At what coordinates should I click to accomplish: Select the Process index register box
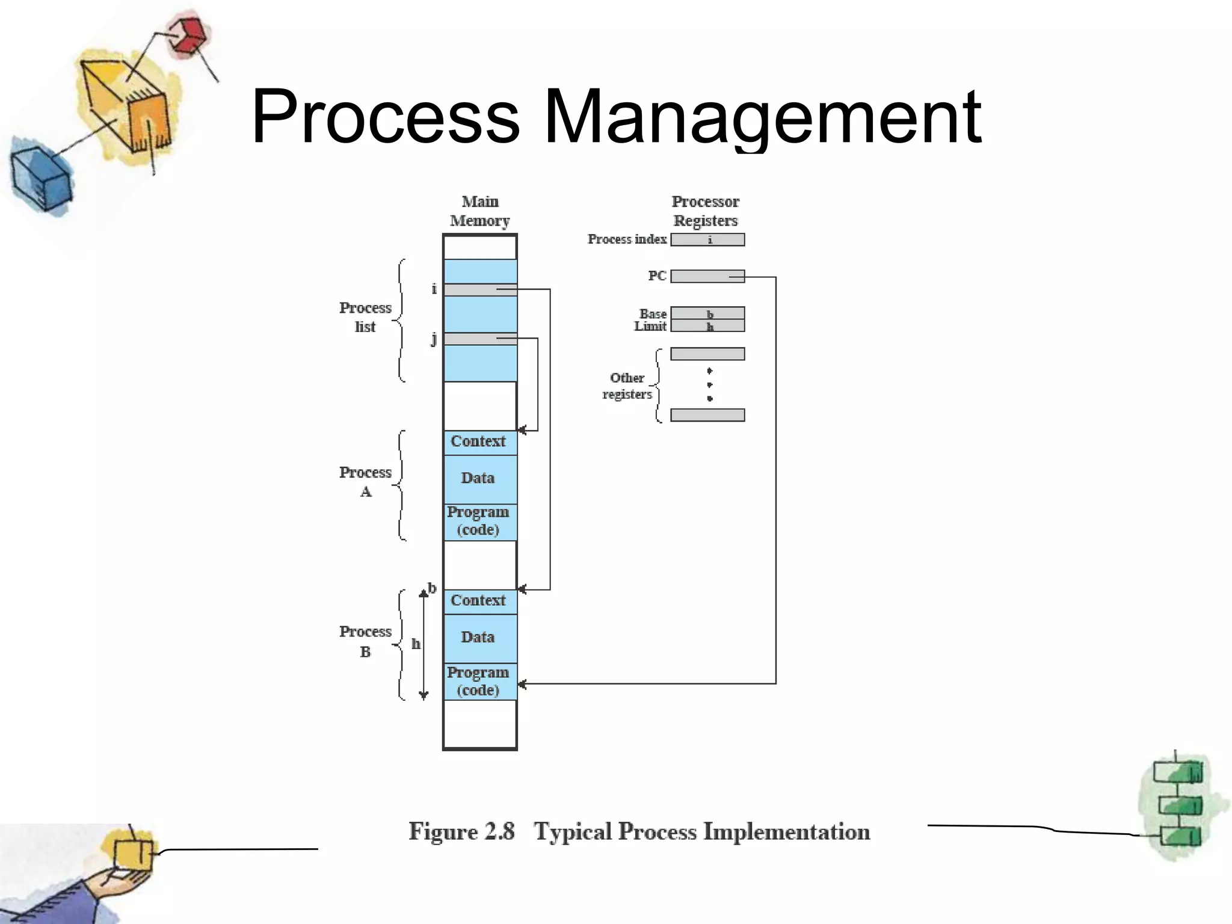[707, 239]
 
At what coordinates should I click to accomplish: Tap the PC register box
[707, 276]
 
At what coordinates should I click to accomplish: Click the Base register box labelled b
[707, 313]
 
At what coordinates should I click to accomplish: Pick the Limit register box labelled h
[707, 326]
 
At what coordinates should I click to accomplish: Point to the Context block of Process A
[479, 442]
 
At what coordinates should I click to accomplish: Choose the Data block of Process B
[479, 637]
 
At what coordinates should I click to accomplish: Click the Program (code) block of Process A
[479, 522]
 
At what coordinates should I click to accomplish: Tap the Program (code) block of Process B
[479, 682]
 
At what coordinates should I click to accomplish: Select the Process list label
[365, 317]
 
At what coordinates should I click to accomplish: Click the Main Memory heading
[480, 211]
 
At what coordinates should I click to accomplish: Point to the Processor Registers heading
[706, 211]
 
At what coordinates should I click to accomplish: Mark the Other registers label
[627, 386]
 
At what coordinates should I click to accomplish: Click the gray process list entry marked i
[479, 290]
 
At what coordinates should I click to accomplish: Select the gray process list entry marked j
[479, 339]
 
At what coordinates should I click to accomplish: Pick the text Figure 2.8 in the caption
[461, 831]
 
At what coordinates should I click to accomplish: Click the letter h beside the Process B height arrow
[416, 644]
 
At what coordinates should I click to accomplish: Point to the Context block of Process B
[479, 600]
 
